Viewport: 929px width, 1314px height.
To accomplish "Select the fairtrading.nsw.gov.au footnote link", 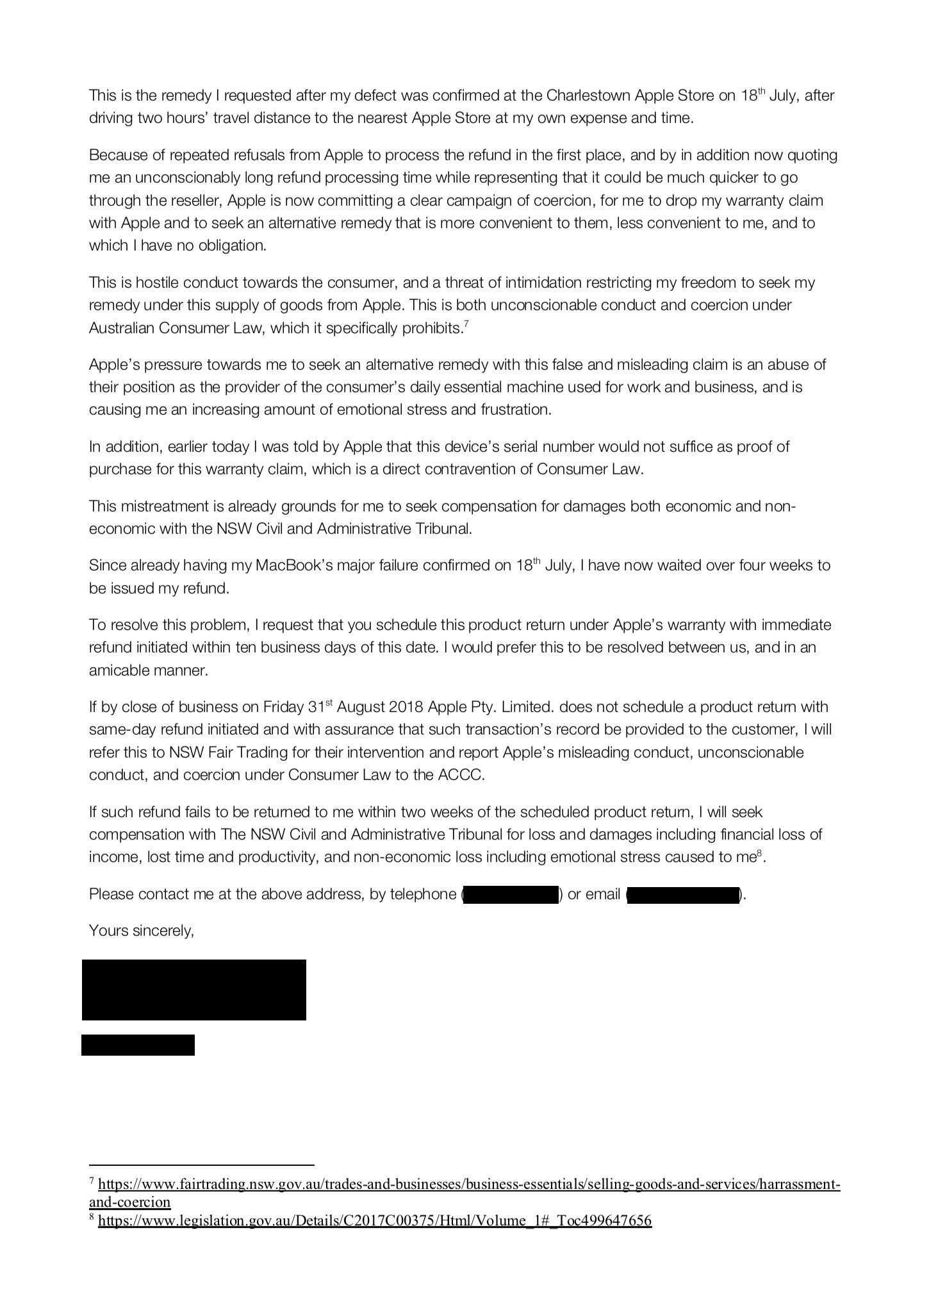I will pyautogui.click(x=468, y=1184).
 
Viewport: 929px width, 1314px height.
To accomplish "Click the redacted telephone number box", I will pyautogui.click(x=511, y=894).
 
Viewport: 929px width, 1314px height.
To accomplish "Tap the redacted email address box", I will pyautogui.click(x=683, y=894).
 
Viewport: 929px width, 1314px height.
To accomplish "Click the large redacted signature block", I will pyautogui.click(x=193, y=989).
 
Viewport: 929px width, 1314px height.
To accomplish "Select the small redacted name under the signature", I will pyautogui.click(x=138, y=1044).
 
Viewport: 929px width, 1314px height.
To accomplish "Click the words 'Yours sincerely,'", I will pyautogui.click(x=142, y=930).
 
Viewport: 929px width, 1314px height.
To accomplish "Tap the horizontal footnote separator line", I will pyautogui.click(x=201, y=1165).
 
